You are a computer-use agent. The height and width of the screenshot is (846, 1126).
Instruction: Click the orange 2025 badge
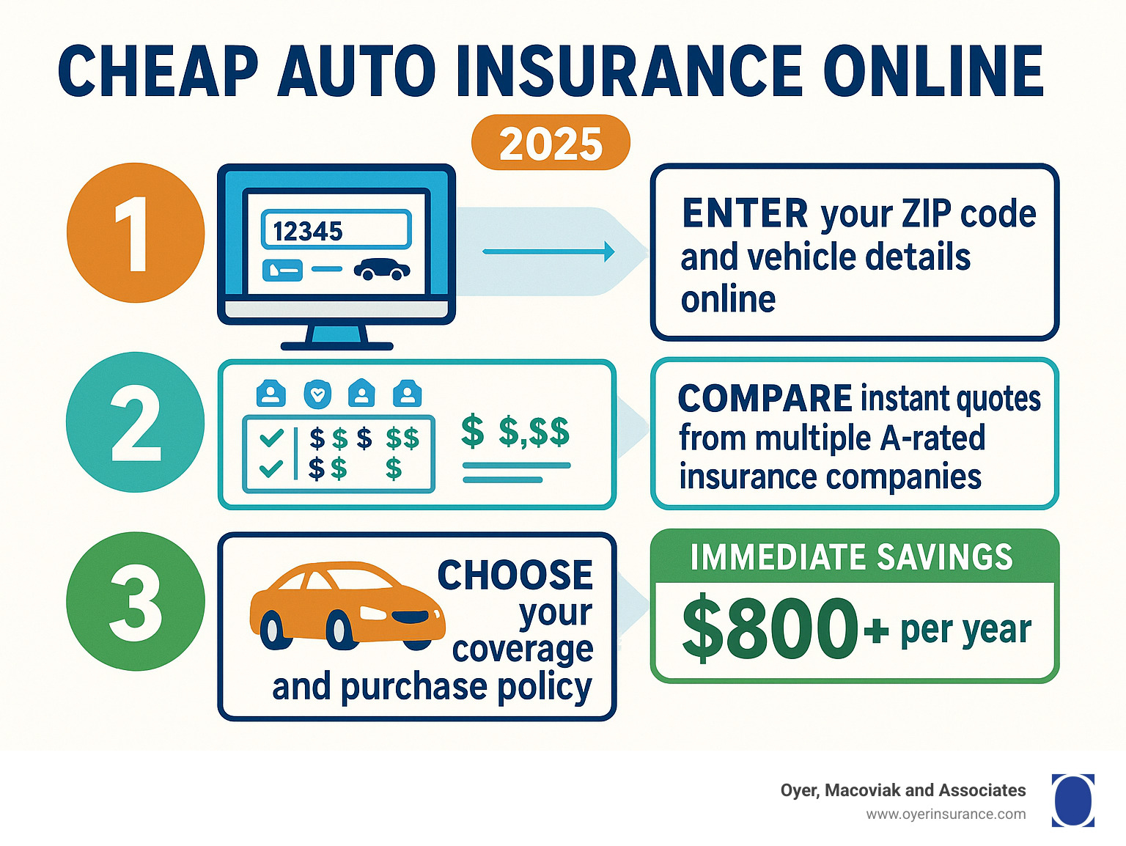point(551,143)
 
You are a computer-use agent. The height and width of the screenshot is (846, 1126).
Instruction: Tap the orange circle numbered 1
point(136,232)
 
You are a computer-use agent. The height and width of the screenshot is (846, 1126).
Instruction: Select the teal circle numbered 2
point(136,422)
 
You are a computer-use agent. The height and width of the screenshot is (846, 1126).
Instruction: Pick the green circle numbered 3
point(136,601)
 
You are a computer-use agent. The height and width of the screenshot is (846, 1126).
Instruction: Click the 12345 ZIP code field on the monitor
point(336,229)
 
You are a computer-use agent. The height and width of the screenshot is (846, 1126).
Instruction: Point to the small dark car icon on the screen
point(382,269)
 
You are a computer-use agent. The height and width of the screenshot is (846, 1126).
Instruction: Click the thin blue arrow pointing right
point(548,251)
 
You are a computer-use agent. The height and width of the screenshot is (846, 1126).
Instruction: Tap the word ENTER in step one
point(745,213)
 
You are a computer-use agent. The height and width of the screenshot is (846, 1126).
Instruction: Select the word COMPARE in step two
point(765,399)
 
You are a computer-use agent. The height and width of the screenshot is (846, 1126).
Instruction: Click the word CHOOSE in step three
point(515,575)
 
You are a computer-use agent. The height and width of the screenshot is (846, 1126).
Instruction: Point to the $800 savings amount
point(769,628)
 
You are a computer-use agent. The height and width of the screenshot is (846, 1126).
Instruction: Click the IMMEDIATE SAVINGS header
point(852,556)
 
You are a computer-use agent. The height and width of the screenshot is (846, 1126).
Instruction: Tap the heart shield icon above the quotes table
point(317,394)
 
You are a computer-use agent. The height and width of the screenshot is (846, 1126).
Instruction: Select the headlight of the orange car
point(373,613)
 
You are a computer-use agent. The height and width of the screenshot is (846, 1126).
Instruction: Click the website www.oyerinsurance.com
point(946,814)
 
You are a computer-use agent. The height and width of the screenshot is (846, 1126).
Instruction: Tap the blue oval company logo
point(1072,801)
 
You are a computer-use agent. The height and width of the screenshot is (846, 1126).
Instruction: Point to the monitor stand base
point(337,346)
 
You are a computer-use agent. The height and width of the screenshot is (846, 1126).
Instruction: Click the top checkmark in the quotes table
point(271,438)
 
